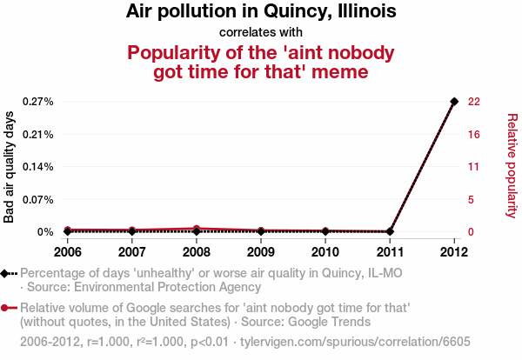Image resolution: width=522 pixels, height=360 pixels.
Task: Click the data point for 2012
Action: [454, 102]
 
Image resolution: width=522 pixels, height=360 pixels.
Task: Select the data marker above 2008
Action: [197, 230]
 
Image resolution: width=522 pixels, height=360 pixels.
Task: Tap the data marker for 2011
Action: [390, 231]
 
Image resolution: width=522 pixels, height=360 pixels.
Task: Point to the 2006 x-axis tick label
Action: [68, 252]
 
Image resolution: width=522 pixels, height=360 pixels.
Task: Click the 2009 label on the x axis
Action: [261, 252]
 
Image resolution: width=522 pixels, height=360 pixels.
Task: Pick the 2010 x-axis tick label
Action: [325, 252]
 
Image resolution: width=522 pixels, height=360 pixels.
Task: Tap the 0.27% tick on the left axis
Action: [37, 102]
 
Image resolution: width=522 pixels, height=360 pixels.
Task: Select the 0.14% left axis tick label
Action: [37, 167]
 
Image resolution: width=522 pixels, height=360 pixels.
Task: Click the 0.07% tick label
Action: [37, 199]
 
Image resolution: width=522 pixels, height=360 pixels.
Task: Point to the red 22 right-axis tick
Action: [474, 102]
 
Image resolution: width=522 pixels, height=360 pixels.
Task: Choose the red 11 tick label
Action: [474, 167]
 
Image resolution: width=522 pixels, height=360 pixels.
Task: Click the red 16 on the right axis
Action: [474, 134]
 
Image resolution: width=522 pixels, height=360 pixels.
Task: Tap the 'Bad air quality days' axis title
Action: [10, 166]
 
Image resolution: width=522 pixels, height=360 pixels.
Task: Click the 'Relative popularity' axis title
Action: [512, 165]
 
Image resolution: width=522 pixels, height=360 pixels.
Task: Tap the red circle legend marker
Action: [6, 308]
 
